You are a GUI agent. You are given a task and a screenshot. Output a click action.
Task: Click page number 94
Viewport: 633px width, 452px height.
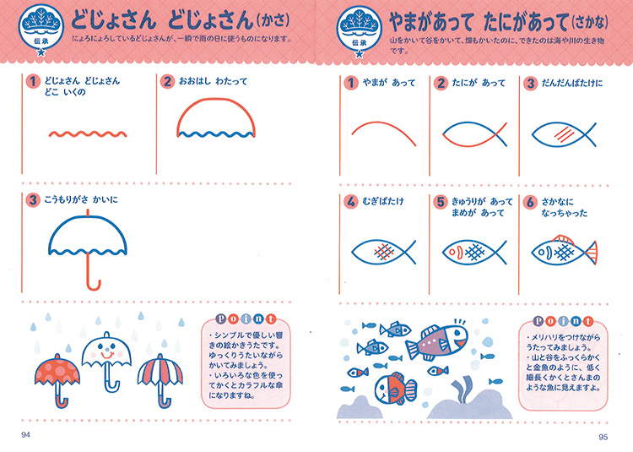point(26,434)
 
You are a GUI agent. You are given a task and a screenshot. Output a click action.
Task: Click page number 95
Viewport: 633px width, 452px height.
point(603,437)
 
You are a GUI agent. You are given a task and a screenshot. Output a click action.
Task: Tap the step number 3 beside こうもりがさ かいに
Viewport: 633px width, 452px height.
point(33,200)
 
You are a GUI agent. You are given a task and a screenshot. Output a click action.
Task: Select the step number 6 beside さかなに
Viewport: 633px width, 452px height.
point(530,202)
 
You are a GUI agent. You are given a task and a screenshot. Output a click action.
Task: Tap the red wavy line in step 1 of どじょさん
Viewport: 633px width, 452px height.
point(88,134)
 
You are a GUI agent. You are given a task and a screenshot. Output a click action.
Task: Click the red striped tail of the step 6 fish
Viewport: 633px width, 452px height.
point(591,253)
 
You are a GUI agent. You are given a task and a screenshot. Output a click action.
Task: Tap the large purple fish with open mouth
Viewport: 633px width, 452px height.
point(437,341)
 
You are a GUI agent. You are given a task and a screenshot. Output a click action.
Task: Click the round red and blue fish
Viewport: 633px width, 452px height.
point(395,389)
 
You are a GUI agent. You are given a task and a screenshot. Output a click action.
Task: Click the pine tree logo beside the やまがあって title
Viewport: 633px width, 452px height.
point(359,31)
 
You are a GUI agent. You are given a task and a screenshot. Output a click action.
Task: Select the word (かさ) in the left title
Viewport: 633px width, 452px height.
point(273,20)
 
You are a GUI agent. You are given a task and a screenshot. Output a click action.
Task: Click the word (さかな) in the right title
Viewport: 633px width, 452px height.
point(590,22)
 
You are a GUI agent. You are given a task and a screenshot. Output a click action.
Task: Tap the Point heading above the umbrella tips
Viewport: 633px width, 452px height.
point(246,319)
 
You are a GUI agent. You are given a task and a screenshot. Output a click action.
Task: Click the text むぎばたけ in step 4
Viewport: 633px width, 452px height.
point(382,202)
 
